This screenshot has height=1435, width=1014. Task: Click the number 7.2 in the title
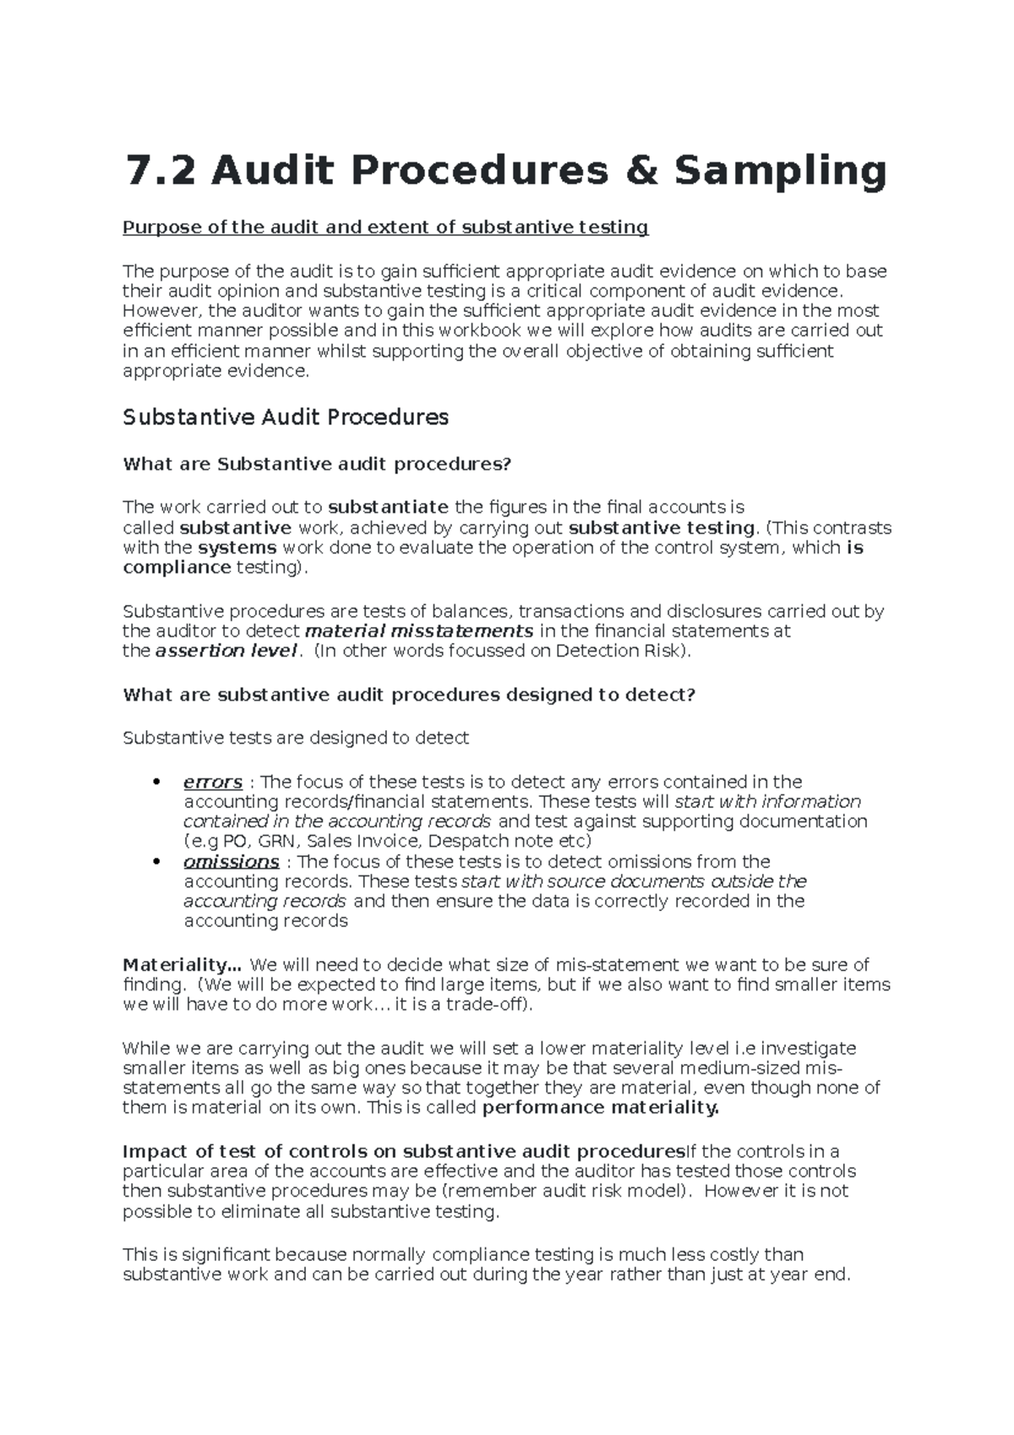click(x=158, y=172)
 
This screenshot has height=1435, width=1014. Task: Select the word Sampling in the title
click(x=780, y=172)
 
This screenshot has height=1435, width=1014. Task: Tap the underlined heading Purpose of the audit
click(x=385, y=227)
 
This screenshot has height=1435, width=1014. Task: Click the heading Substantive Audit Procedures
click(x=286, y=417)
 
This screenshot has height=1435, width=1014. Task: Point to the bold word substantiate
click(x=388, y=507)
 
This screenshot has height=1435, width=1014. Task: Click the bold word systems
click(x=237, y=548)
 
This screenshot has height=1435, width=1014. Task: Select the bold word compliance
click(x=177, y=568)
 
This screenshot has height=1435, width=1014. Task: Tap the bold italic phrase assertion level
click(x=226, y=651)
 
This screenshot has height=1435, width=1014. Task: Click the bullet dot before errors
click(x=155, y=783)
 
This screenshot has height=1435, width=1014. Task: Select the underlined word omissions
click(x=231, y=862)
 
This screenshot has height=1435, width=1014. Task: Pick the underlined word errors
click(x=213, y=783)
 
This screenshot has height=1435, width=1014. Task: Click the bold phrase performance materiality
click(x=600, y=1108)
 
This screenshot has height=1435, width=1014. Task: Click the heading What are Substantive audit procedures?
click(x=317, y=464)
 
